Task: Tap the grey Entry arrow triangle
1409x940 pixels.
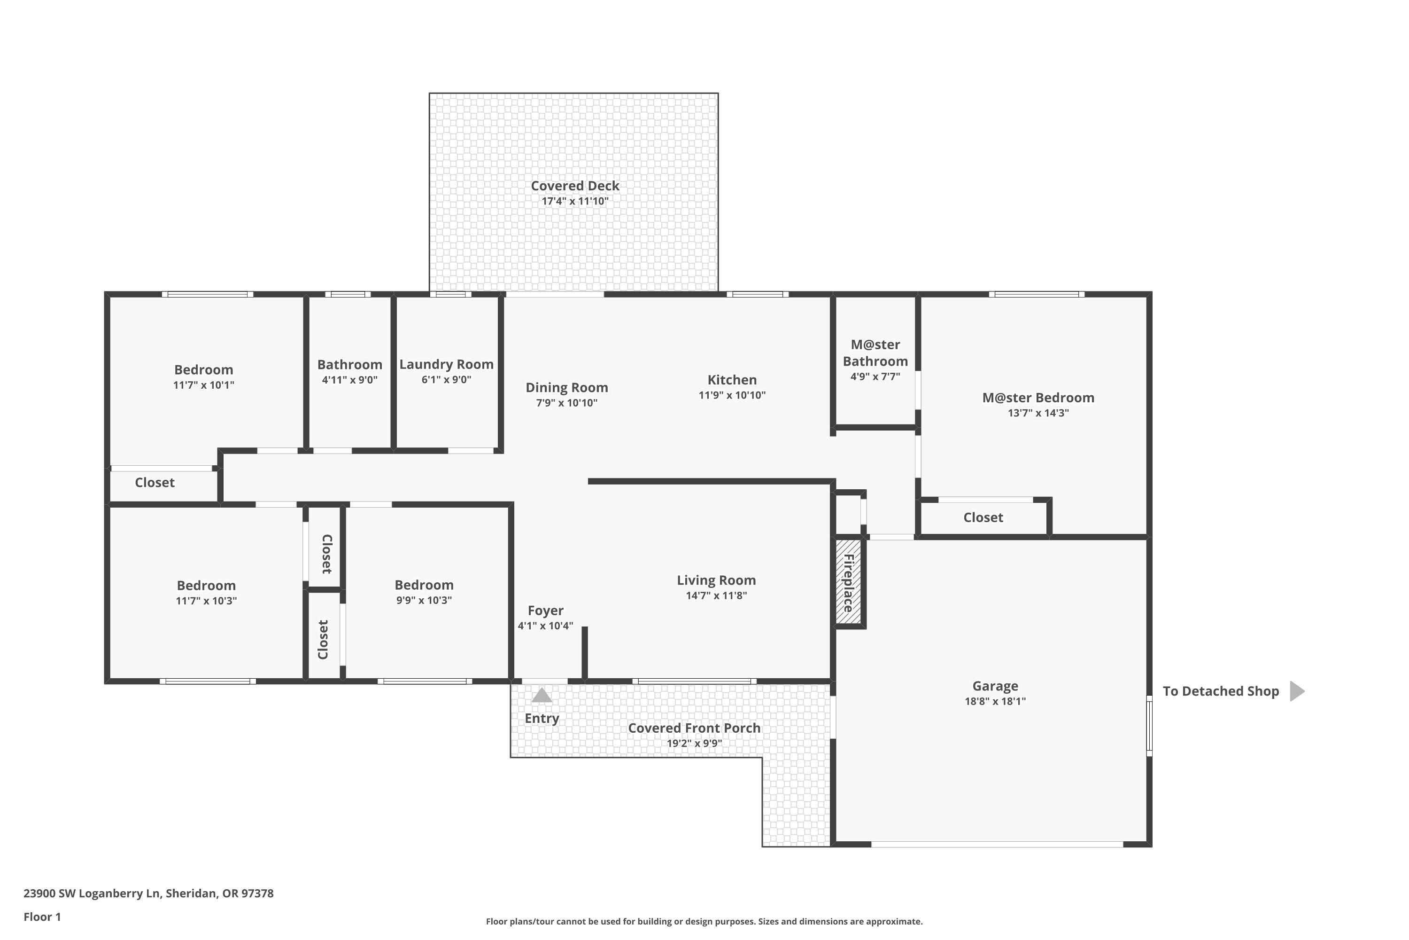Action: pos(542,696)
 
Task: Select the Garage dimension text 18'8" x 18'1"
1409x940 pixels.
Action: pos(995,701)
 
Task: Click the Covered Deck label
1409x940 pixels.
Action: pos(574,186)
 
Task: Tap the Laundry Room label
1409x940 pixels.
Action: pos(446,365)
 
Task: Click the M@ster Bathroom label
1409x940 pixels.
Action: pos(875,353)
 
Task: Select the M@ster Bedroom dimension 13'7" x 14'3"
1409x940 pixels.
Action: pos(1037,413)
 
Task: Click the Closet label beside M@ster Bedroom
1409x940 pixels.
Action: pos(983,517)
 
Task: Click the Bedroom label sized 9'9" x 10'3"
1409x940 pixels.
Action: pos(424,585)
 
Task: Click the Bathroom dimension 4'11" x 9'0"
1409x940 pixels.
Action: pos(349,380)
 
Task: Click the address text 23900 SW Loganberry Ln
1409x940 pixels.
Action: pos(93,893)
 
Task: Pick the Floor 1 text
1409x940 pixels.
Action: pos(42,916)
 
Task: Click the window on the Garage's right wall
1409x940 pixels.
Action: pos(1149,725)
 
